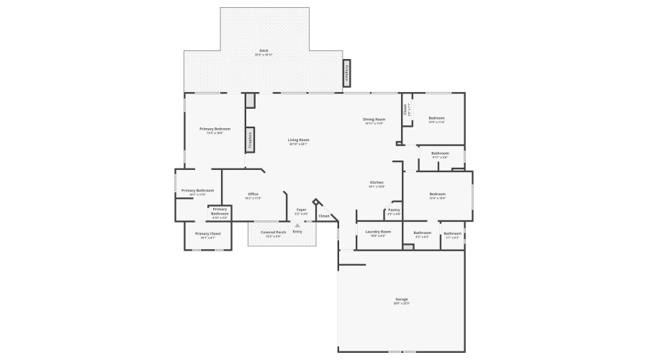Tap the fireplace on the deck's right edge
(x=346, y=73)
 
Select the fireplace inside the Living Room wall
(x=250, y=140)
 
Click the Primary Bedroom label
(x=215, y=129)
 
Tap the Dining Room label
(x=374, y=119)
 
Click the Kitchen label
(x=377, y=182)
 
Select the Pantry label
(x=394, y=210)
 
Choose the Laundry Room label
(x=377, y=232)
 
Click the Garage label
(x=401, y=299)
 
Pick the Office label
(x=253, y=194)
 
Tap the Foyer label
(x=302, y=210)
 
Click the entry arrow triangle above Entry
(x=297, y=225)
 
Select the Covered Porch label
(x=273, y=232)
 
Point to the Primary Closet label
(x=207, y=233)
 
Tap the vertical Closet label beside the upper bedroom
(x=405, y=109)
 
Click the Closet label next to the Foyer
(x=324, y=215)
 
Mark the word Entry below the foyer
(x=297, y=232)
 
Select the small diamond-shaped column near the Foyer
(x=315, y=202)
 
